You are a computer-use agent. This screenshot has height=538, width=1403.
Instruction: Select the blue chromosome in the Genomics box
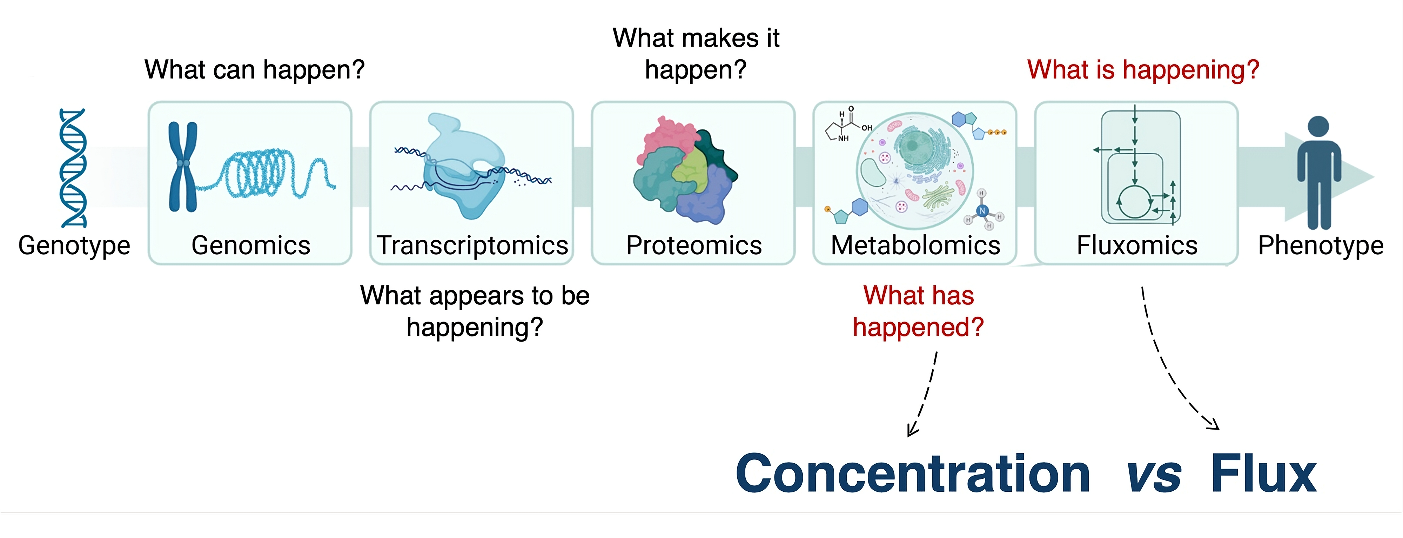(183, 166)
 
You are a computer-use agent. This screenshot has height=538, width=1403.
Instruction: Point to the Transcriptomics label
(472, 245)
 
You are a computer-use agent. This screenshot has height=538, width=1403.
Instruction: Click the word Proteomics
(694, 245)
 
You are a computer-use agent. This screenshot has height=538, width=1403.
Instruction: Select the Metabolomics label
(915, 245)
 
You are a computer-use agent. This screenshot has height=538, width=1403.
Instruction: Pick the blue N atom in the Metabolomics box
(982, 211)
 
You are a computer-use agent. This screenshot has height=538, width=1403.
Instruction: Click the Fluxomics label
(1137, 245)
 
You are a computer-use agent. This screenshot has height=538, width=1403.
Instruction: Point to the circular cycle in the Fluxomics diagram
(1134, 202)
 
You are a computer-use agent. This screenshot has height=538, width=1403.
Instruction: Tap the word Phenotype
(1321, 246)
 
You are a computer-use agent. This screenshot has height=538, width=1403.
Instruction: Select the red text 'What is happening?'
(1143, 70)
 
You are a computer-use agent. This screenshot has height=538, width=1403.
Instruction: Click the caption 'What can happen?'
(254, 70)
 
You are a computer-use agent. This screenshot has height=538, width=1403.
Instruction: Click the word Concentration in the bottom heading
(913, 474)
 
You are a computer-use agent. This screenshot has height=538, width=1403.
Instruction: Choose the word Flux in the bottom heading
(1263, 474)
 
